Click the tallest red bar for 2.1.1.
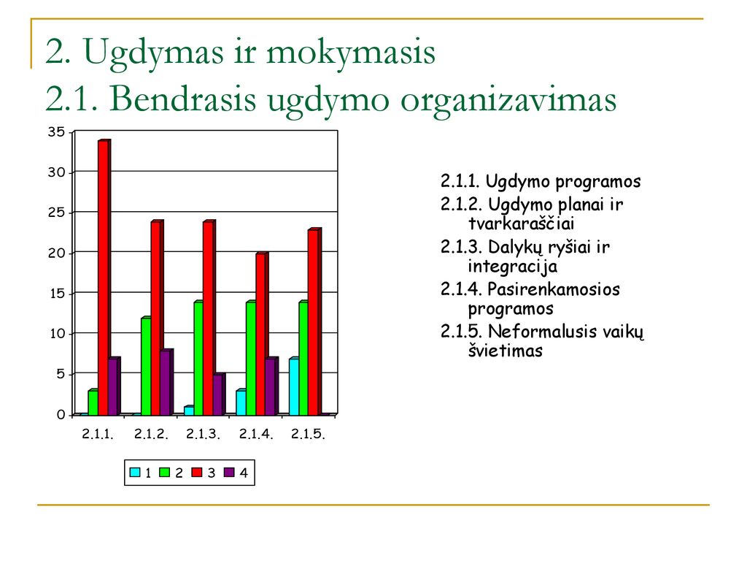click(104, 278)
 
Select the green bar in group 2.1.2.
click(146, 367)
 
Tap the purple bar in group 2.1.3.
click(218, 394)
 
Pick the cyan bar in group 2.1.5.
click(294, 386)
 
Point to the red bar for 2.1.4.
click(262, 334)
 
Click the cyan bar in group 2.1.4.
click(241, 402)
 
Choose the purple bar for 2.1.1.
click(114, 386)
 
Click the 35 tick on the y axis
click(56, 131)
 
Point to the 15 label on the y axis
click(57, 294)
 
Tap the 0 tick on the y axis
click(61, 415)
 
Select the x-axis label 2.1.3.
click(203, 434)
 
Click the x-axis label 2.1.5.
click(308, 434)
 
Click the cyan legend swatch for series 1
click(135, 473)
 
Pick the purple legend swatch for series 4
click(230, 473)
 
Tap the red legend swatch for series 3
click(197, 473)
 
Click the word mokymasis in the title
click(351, 52)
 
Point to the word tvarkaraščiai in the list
click(521, 224)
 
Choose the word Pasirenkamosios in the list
click(554, 289)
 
